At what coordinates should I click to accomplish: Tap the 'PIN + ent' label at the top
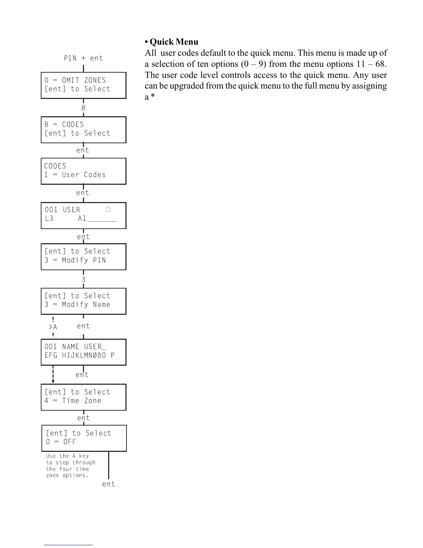(83, 58)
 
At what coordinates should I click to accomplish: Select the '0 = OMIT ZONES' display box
(83, 85)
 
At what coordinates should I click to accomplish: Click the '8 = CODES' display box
(83, 129)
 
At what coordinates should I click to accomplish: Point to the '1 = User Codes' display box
(83, 171)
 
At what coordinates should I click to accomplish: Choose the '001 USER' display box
(83, 215)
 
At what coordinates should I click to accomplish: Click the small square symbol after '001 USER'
(108, 210)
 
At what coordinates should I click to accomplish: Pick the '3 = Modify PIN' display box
(83, 256)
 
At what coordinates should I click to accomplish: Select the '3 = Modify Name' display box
(83, 301)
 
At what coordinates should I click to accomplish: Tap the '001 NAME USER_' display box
(83, 352)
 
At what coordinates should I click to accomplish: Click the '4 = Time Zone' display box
(83, 397)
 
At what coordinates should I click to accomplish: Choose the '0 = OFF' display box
(84, 438)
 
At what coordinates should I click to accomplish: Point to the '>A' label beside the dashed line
(53, 327)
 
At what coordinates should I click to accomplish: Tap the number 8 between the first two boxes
(83, 108)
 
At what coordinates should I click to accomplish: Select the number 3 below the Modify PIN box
(83, 279)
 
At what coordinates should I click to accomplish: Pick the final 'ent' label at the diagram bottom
(109, 484)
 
